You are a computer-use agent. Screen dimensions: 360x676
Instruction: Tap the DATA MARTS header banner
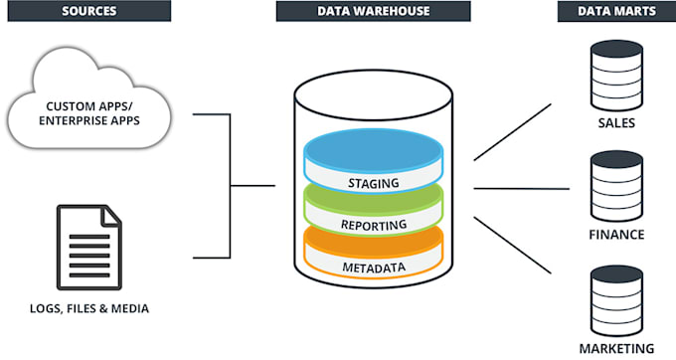pyautogui.click(x=616, y=12)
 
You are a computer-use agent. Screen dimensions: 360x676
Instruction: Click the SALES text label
pyautogui.click(x=616, y=123)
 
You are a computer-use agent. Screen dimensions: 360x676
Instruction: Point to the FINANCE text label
pyautogui.click(x=616, y=236)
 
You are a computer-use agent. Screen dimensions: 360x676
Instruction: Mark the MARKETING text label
pyautogui.click(x=616, y=348)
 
